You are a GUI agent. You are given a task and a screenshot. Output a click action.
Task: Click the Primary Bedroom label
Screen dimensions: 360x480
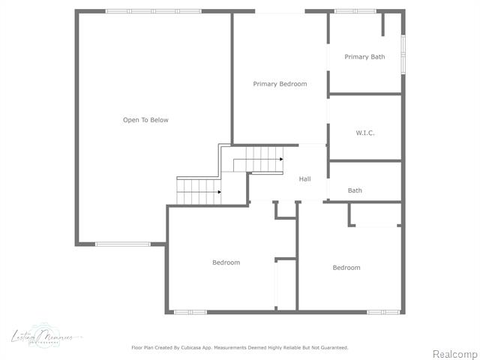click(280, 84)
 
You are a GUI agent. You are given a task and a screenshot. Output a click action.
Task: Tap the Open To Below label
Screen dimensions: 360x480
click(145, 120)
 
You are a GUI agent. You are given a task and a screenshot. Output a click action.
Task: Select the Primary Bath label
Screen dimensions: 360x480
click(364, 57)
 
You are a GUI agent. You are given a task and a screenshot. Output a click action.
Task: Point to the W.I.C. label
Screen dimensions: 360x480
click(364, 133)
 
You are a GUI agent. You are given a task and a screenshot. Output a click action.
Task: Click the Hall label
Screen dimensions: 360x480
click(304, 179)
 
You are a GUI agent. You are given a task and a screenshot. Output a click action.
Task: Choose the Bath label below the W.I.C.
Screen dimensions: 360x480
click(355, 190)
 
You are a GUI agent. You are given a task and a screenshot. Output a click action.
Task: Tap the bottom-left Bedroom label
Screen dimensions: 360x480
click(226, 262)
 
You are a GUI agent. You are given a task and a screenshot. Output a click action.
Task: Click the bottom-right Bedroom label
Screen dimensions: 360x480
click(346, 268)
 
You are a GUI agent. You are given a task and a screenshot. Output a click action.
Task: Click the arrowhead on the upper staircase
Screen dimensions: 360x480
click(281, 159)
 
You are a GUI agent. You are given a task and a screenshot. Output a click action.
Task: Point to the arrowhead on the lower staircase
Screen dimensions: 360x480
click(219, 192)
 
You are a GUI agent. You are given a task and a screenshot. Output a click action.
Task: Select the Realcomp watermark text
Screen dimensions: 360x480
click(454, 354)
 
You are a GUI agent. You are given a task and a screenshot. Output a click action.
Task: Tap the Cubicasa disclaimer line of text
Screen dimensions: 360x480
click(240, 348)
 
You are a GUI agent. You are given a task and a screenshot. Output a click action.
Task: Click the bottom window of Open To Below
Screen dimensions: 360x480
click(122, 244)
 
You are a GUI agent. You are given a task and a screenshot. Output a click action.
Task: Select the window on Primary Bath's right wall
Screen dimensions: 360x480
click(403, 54)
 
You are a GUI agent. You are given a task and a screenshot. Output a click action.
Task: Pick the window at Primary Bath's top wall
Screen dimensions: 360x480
click(355, 11)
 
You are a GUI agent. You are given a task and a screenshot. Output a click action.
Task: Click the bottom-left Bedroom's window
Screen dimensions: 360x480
click(190, 311)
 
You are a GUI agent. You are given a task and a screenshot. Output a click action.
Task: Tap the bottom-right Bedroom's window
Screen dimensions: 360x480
click(382, 311)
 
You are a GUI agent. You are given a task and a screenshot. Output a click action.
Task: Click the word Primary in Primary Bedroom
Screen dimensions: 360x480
click(265, 84)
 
